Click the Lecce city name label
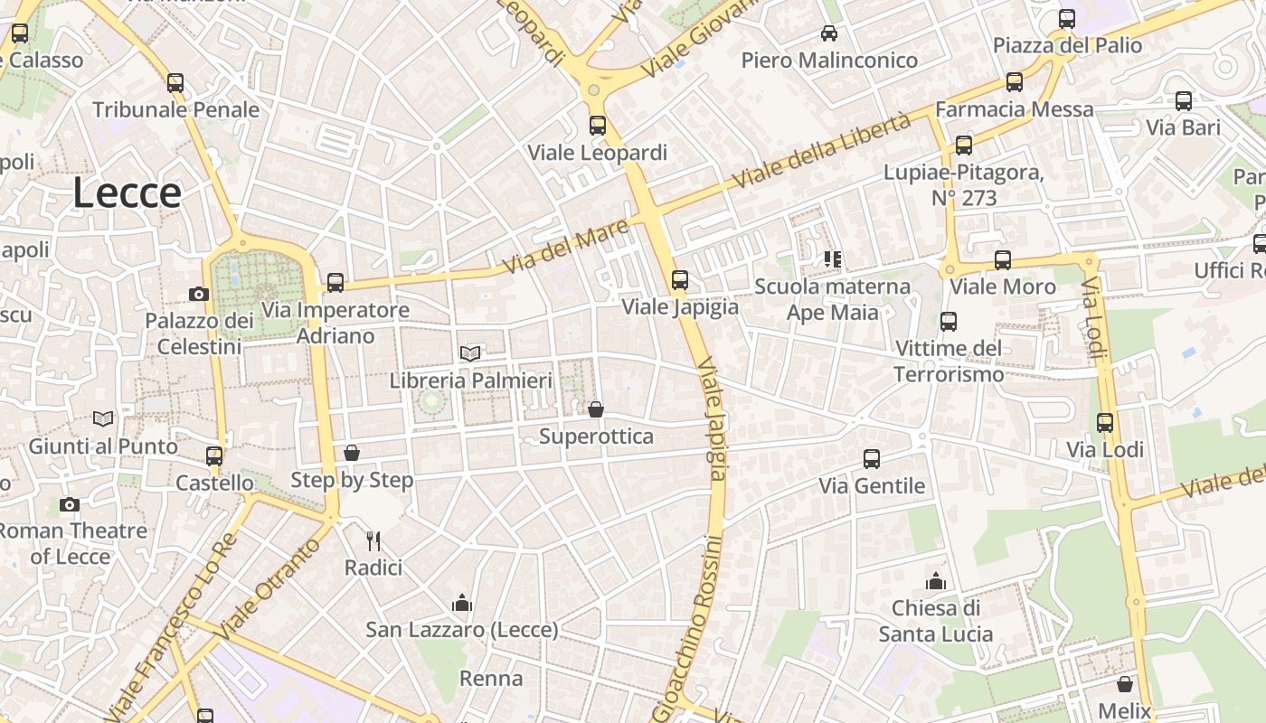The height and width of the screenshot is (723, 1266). tap(127, 193)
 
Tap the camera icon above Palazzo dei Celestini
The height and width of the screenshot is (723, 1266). tap(199, 294)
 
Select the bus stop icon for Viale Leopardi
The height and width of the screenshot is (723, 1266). tap(598, 126)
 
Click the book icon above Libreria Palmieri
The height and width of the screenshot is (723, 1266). tap(469, 353)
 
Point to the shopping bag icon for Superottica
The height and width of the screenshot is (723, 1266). tap(596, 409)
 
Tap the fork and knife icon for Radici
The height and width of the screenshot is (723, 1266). tap(373, 540)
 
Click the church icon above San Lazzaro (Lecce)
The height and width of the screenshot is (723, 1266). tap(462, 602)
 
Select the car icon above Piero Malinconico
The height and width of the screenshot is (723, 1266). tap(828, 33)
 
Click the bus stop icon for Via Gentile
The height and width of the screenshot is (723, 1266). tap(872, 459)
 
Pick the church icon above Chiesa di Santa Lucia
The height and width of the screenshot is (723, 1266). tap(936, 580)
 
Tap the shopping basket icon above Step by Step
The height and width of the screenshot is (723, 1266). tap(352, 453)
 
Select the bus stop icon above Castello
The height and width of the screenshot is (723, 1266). tap(214, 456)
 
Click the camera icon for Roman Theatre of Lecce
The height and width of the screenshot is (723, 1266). tap(70, 504)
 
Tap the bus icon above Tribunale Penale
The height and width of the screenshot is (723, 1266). tap(175, 83)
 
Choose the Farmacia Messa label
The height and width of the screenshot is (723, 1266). tap(1014, 109)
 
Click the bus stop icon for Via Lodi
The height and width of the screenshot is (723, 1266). tap(1105, 422)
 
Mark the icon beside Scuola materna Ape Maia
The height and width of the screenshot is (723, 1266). tap(833, 259)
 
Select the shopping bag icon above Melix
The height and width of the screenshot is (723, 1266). tap(1125, 684)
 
